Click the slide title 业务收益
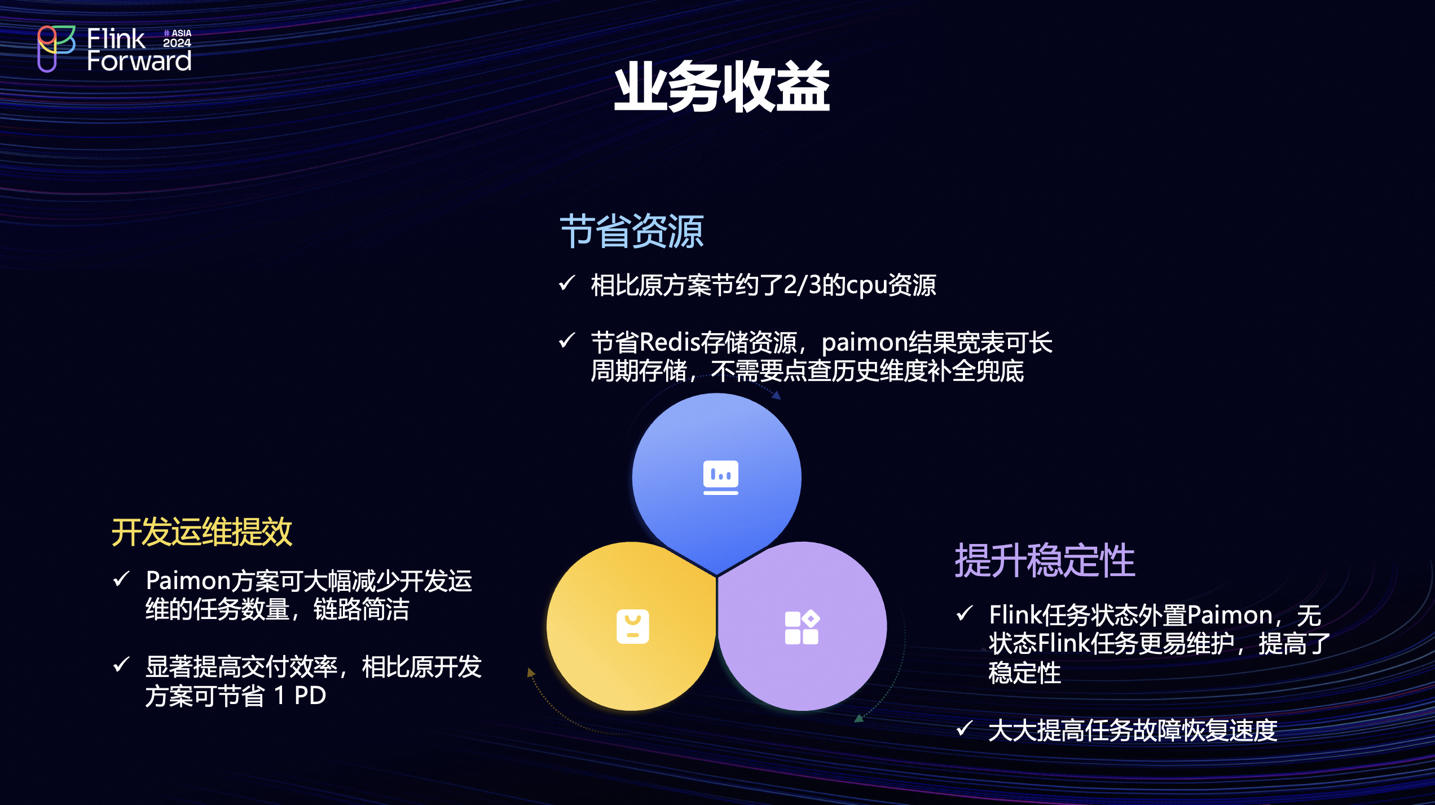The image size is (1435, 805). (x=722, y=87)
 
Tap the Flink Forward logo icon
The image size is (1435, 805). (x=56, y=48)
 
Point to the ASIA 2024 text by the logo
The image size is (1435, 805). (x=177, y=38)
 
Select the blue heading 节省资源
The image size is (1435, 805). (x=632, y=231)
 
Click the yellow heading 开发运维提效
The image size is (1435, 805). (x=202, y=532)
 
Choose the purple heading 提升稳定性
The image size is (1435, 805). (x=1045, y=560)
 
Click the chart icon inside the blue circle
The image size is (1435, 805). (x=720, y=477)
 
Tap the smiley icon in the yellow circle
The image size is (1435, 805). (x=633, y=626)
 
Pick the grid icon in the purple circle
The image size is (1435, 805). (x=802, y=627)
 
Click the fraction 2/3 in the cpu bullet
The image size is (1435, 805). (x=803, y=285)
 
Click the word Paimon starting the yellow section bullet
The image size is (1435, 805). (x=188, y=581)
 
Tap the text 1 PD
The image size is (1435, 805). (x=300, y=696)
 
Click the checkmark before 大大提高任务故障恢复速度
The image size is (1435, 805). (x=965, y=728)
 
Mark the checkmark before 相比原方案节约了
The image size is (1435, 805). (x=567, y=282)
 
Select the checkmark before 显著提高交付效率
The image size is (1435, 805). (x=121, y=664)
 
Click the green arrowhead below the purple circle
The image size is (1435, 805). (x=859, y=718)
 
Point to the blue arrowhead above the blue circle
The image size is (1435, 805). (x=777, y=395)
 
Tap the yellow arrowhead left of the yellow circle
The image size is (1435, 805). (x=530, y=672)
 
